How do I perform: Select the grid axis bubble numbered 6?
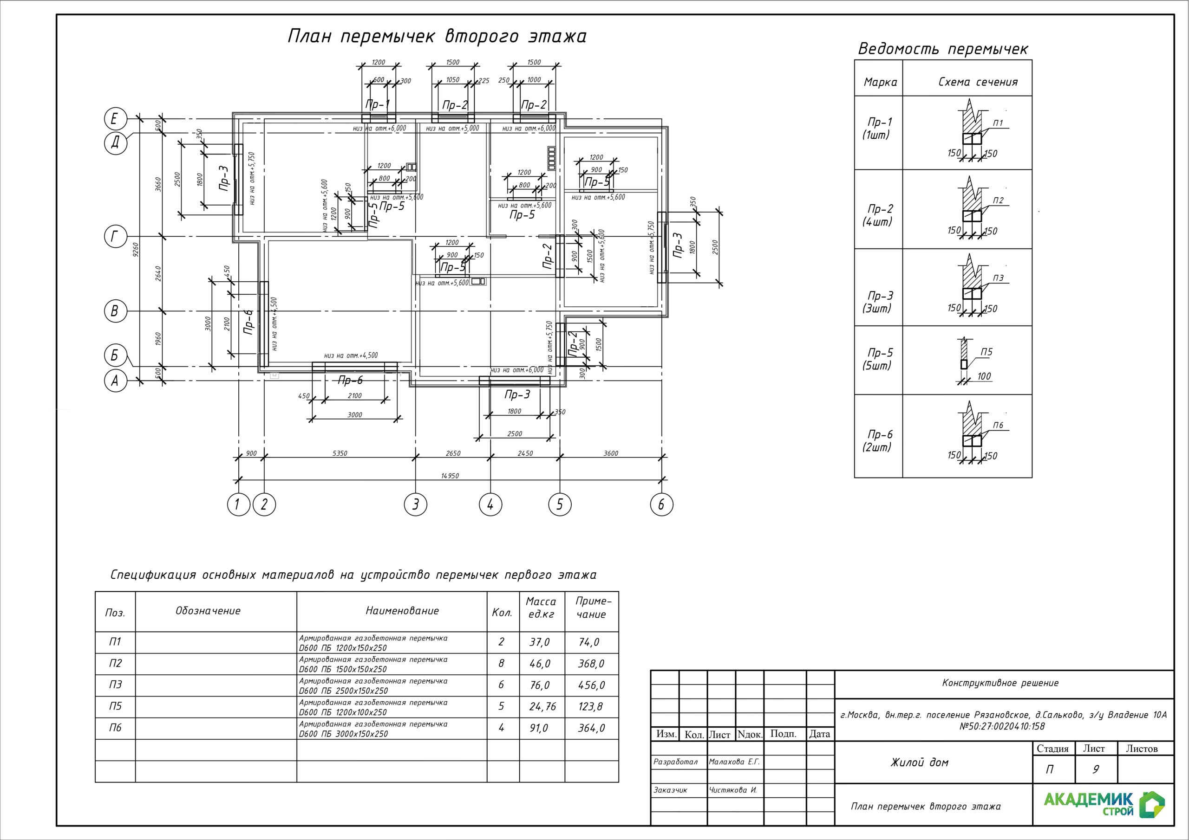(x=661, y=504)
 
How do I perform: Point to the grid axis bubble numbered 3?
(x=415, y=504)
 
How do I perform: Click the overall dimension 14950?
(x=450, y=476)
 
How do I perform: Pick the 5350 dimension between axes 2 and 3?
(x=339, y=453)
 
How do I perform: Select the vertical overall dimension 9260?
(x=136, y=250)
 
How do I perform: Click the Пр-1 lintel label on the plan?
(x=378, y=104)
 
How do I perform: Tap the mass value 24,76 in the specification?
(x=542, y=706)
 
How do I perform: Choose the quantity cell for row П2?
(x=501, y=664)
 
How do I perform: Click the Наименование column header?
(x=402, y=611)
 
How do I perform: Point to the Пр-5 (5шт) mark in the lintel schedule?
(x=879, y=359)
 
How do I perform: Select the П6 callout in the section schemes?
(x=998, y=425)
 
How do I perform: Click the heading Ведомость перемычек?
(x=942, y=49)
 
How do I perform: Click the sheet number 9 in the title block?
(x=1095, y=769)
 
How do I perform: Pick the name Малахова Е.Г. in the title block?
(x=734, y=762)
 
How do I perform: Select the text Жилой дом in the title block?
(x=919, y=762)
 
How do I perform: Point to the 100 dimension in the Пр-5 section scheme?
(x=984, y=376)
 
